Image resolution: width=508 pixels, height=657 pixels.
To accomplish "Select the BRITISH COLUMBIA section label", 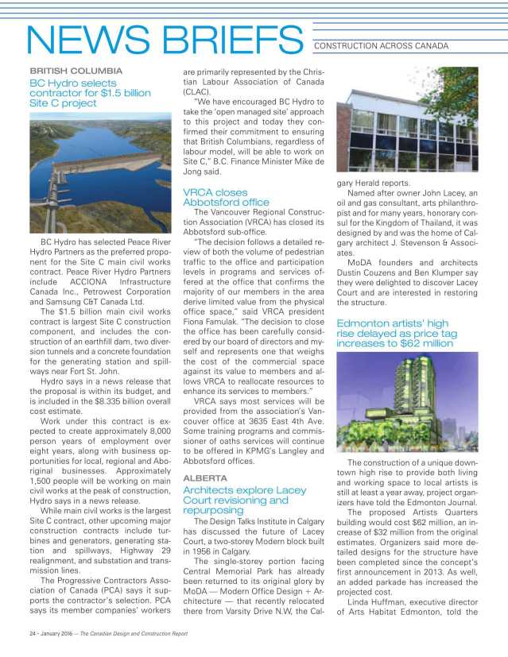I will (x=76, y=71).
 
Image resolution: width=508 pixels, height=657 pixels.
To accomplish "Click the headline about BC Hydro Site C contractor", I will (x=90, y=93).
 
